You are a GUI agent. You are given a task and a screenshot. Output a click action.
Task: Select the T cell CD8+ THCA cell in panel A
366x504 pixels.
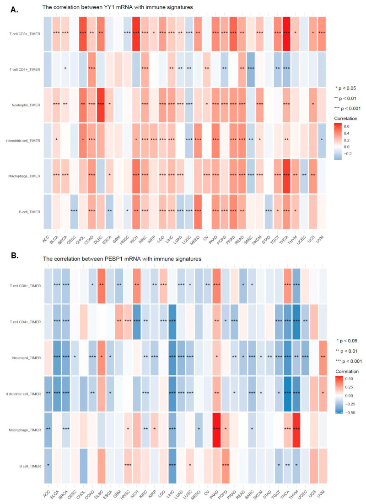(287, 32)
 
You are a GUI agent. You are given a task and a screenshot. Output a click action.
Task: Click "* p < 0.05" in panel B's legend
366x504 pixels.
(349, 341)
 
